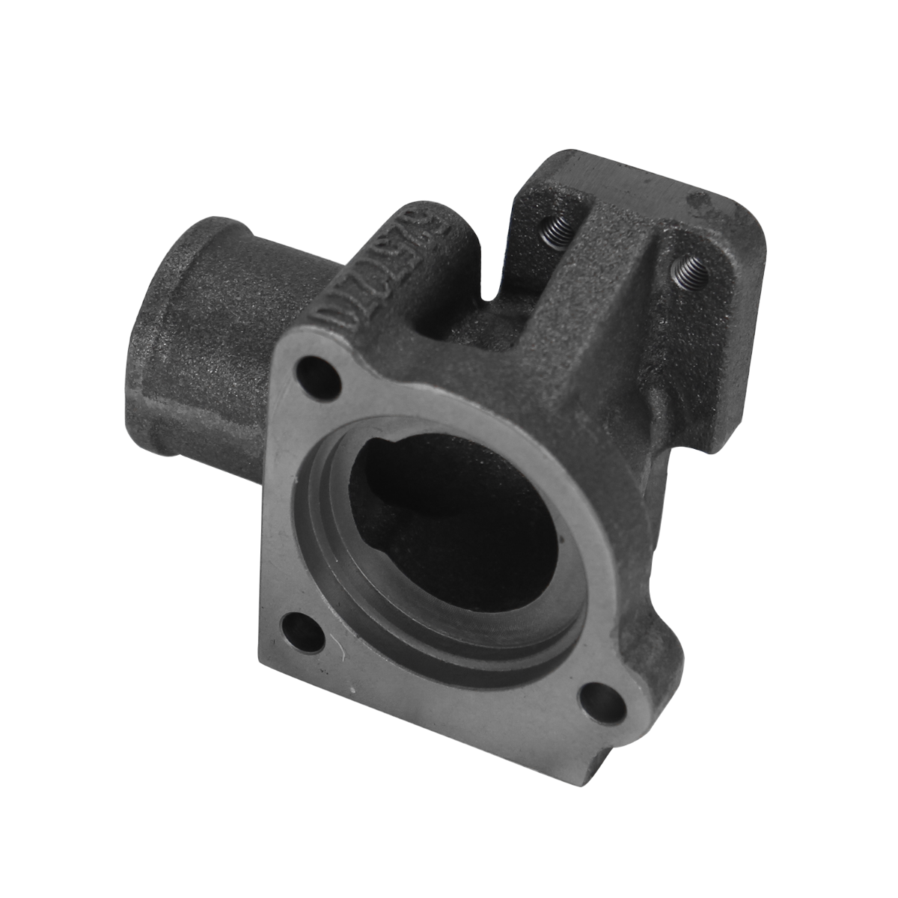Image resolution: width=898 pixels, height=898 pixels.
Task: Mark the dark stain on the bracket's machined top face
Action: click(x=700, y=201)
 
